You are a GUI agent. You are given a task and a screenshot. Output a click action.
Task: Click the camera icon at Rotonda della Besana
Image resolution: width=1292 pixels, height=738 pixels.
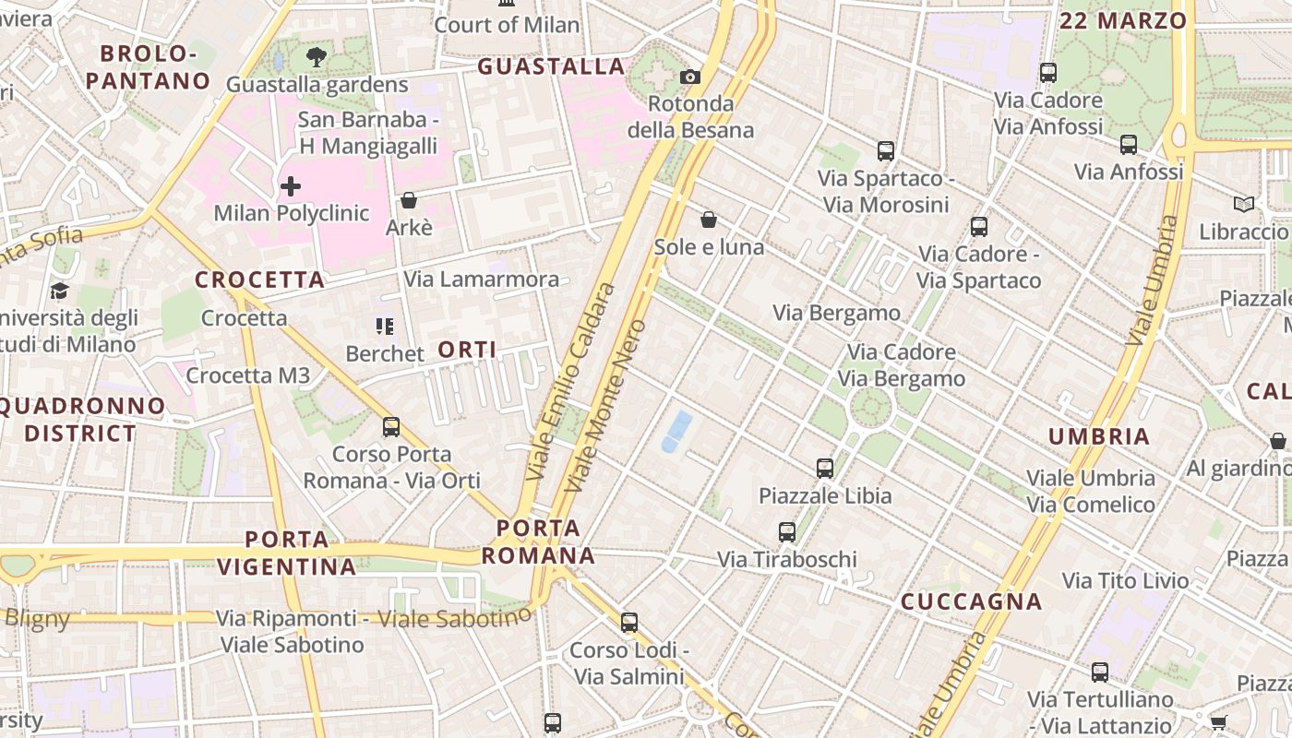pyautogui.click(x=690, y=77)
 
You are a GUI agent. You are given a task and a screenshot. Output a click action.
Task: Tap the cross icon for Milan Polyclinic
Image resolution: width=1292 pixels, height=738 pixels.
pyautogui.click(x=291, y=186)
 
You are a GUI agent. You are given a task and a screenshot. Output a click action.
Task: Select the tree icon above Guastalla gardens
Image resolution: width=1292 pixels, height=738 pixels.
pyautogui.click(x=317, y=57)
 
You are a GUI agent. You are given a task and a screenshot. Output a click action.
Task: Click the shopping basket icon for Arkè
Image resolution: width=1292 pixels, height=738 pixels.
pyautogui.click(x=409, y=200)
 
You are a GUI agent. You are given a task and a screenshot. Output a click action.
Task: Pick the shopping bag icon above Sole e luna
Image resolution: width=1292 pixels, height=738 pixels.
pyautogui.click(x=709, y=220)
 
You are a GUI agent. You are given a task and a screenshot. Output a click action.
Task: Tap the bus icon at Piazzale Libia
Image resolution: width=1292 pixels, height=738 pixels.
pyautogui.click(x=825, y=469)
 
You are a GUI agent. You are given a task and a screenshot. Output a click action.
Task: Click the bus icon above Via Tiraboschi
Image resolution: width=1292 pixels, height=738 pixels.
pyautogui.click(x=787, y=532)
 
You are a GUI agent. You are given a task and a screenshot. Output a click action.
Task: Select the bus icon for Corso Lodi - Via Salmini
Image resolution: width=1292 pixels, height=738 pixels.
pyautogui.click(x=629, y=623)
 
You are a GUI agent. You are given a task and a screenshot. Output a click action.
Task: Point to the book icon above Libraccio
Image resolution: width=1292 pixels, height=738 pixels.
pyautogui.click(x=1244, y=204)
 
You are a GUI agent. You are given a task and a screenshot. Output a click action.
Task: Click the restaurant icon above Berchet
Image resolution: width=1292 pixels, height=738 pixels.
pyautogui.click(x=385, y=326)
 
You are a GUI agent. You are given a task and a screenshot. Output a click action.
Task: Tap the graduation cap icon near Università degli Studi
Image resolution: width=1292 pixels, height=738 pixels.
pyautogui.click(x=60, y=292)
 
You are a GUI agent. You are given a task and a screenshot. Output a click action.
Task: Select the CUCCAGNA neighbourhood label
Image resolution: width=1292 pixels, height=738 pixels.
pyautogui.click(x=971, y=602)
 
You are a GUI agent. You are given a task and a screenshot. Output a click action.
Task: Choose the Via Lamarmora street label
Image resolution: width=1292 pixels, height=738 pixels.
pyautogui.click(x=481, y=279)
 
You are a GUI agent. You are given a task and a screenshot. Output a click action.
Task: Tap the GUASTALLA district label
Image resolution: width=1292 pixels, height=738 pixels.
pyautogui.click(x=551, y=66)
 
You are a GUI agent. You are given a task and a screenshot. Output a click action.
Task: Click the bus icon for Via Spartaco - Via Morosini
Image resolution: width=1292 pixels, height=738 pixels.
pyautogui.click(x=886, y=150)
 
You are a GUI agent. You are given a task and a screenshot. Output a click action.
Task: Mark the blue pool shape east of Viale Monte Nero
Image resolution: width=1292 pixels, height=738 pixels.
pyautogui.click(x=676, y=432)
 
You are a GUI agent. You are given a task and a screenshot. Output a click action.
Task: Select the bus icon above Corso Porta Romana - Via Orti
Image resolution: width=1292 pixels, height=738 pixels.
pyautogui.click(x=391, y=427)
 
